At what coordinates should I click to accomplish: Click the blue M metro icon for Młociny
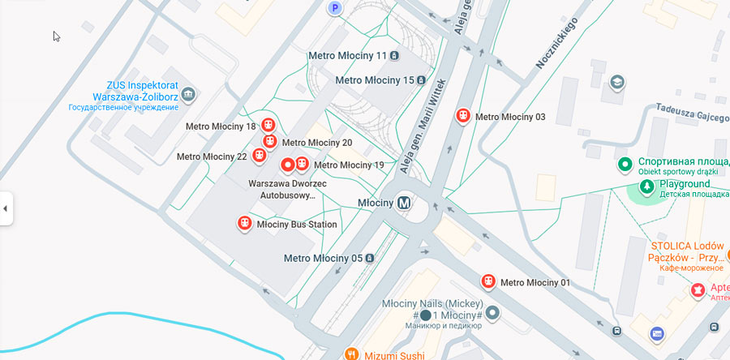[x=404, y=204]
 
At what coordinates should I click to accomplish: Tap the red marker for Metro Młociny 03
[x=464, y=116]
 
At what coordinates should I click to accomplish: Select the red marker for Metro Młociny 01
[x=488, y=281]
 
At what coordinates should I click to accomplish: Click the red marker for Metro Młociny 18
[x=268, y=126]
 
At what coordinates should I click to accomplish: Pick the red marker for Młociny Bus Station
[x=244, y=223]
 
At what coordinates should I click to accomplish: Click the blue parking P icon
[x=334, y=8]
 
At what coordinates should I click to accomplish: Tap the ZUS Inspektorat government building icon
[x=188, y=95]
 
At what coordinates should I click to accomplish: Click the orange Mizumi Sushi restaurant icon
[x=351, y=354]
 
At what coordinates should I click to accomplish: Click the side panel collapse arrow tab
[x=6, y=208]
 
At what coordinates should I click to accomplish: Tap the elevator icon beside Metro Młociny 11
[x=394, y=56]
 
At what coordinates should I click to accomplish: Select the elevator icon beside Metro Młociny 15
[x=421, y=79]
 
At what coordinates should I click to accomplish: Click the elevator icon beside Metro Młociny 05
[x=370, y=258]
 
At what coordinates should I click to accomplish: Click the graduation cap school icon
[x=616, y=82]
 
